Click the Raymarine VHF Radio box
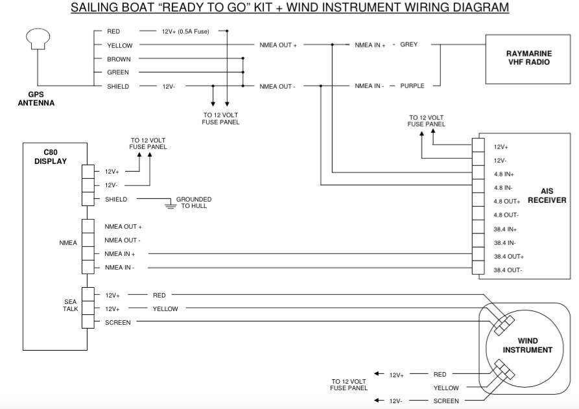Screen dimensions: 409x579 coord(528,58)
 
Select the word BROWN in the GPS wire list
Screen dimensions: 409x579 coord(119,59)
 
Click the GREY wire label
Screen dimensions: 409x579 coord(408,45)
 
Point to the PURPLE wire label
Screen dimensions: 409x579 coord(412,86)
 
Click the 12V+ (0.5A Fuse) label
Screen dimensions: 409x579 coord(185,31)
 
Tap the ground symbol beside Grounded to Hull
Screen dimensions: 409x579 coord(171,205)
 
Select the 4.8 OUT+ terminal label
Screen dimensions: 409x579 coord(507,202)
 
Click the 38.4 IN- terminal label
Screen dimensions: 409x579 coord(505,242)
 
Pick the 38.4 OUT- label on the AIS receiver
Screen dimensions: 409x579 coord(508,270)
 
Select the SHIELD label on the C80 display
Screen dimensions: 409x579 coord(116,199)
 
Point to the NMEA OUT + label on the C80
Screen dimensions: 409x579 coord(123,227)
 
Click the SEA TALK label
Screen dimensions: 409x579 coord(70,305)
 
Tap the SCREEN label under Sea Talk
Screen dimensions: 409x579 coord(117,322)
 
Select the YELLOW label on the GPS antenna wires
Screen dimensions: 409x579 coord(119,45)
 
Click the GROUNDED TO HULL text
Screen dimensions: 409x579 coord(194,202)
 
